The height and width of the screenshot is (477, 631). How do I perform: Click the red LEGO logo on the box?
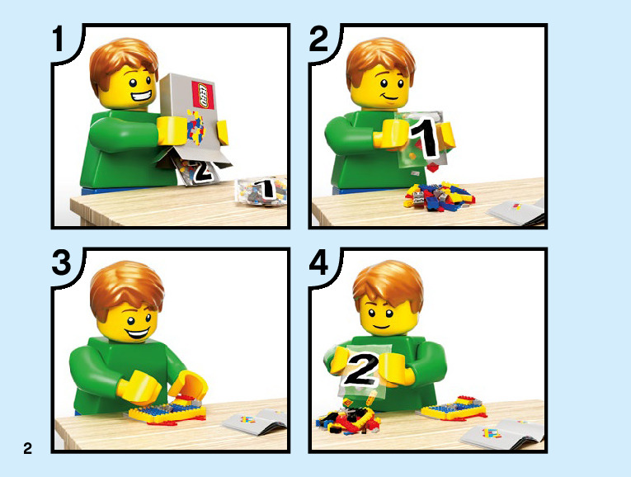204,95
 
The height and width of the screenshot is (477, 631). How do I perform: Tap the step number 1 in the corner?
59,39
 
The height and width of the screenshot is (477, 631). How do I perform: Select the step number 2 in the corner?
318,39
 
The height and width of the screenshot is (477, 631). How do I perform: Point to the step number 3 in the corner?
62,263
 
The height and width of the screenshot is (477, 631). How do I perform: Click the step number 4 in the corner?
318,263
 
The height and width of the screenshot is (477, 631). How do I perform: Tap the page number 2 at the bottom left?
27,448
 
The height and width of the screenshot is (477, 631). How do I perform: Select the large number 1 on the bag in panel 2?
424,137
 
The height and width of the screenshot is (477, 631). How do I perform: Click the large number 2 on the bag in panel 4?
360,368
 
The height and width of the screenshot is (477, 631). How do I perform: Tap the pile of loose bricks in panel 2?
440,196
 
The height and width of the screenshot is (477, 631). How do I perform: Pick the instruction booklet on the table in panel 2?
516,212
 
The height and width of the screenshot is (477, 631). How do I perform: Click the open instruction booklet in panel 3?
255,421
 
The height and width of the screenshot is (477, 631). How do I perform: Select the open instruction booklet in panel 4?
502,434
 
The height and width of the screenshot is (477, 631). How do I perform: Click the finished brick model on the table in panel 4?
454,409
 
